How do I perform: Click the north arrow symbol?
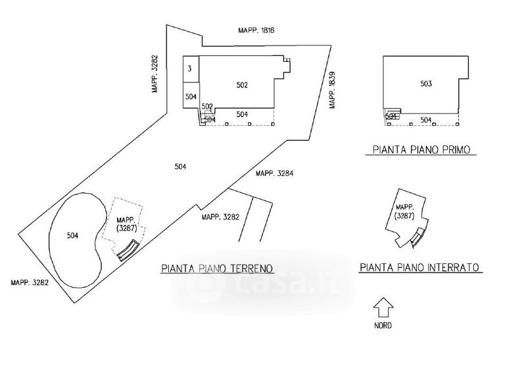tap(383, 309)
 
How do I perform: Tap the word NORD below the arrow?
tap(383, 326)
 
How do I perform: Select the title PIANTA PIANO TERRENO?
tap(217, 269)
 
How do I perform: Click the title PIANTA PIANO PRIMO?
tap(421, 150)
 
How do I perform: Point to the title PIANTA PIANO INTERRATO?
tap(421, 268)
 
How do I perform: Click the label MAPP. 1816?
tap(255, 30)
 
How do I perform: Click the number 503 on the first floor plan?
tap(426, 84)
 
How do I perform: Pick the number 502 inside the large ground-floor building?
tap(242, 85)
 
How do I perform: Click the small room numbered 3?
tap(189, 68)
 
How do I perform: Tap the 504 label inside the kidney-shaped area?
tap(73, 235)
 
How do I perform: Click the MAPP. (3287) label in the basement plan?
tap(404, 211)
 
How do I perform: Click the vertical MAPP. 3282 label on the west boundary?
tap(155, 73)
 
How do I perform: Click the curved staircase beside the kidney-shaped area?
tap(127, 250)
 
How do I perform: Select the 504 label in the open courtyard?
tap(180, 167)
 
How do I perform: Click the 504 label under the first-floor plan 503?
tap(426, 120)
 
